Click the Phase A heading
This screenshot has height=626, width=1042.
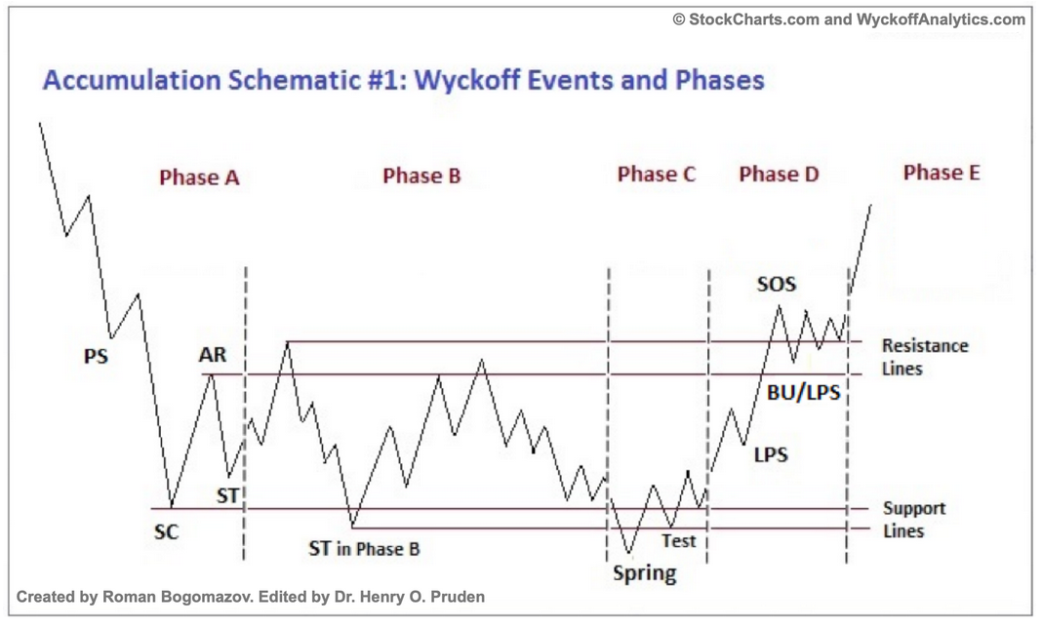(x=199, y=177)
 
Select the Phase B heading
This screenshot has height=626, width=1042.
(x=421, y=176)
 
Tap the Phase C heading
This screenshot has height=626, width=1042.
(x=657, y=175)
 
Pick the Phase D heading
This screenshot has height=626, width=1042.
(x=779, y=175)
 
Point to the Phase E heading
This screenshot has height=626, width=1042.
(x=942, y=173)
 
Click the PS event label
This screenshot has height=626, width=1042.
(x=96, y=356)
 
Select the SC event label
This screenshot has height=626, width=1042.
(x=166, y=533)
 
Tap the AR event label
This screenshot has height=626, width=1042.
(x=213, y=355)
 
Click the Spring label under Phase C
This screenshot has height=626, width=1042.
(x=644, y=573)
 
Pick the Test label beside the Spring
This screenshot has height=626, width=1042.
(x=679, y=540)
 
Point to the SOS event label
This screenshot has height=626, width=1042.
(x=777, y=285)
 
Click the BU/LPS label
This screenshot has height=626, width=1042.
(x=804, y=394)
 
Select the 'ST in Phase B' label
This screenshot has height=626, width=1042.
(x=364, y=549)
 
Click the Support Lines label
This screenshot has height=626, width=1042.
(x=913, y=520)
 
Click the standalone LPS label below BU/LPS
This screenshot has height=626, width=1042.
(x=771, y=454)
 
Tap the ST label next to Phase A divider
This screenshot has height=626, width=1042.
(x=227, y=495)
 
